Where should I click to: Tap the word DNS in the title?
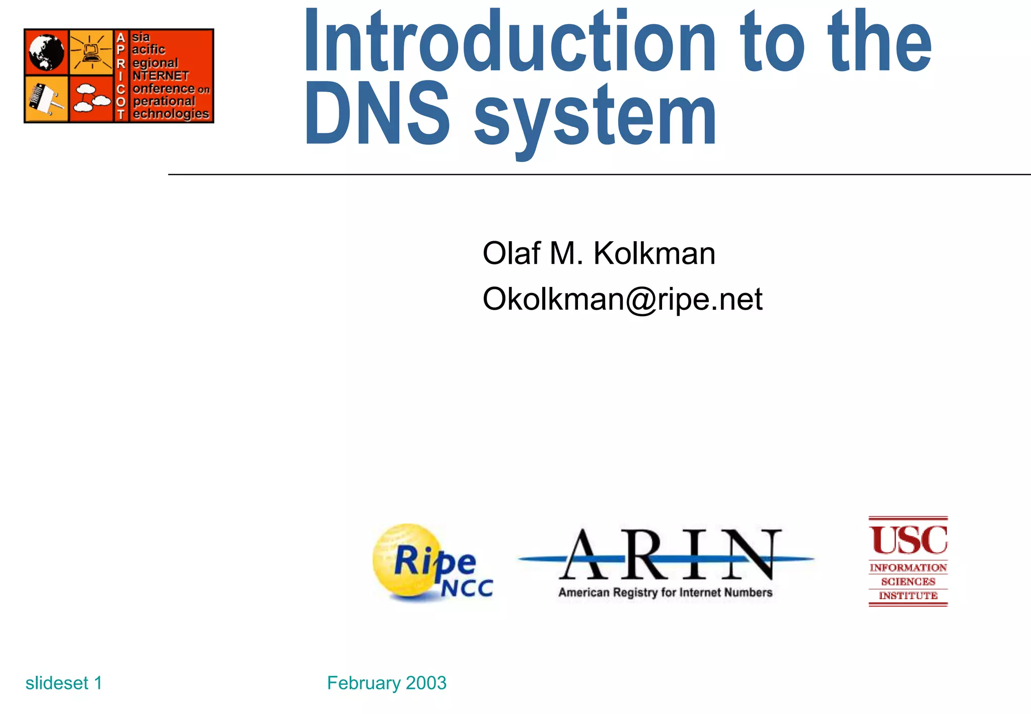378,115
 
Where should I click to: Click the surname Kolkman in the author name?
654,253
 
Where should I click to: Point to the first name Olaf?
511,253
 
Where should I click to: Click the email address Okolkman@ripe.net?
622,299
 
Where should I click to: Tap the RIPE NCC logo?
432,563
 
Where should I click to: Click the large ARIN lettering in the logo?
670,555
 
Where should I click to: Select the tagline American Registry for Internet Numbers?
665,593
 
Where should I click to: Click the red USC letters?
908,540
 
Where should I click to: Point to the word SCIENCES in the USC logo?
908,582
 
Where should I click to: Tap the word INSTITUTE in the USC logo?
908,596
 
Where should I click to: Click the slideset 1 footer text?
64,683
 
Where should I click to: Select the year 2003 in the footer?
426,683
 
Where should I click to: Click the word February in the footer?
363,683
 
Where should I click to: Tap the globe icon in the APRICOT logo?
46,52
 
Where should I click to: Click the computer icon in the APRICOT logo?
91,52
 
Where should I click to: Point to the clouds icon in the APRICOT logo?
91,98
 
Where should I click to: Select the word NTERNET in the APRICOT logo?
161,76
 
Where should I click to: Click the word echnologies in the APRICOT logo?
171,114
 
